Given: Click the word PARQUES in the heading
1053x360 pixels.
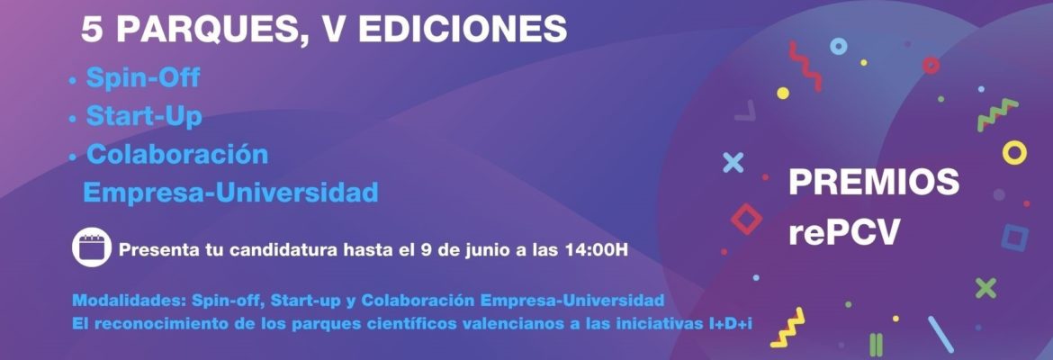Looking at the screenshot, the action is pos(206,31).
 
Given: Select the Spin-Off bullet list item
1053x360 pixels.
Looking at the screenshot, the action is pos(143,78).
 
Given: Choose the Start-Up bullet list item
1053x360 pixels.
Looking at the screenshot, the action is pos(144,116).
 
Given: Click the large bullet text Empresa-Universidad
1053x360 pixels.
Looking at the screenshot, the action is pos(230,193).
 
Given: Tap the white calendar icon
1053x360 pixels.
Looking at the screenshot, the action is pos(92,247).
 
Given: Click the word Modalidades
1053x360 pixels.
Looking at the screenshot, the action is pos(128,300).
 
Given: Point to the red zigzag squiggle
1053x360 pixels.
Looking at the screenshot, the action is pos(805,66).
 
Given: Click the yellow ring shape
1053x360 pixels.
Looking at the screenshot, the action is pos(1014,152).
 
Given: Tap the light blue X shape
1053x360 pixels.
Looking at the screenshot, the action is pos(733,163).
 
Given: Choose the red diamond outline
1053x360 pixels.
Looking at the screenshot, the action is pos(746,219).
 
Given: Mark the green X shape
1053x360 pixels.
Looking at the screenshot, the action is pos(985,288).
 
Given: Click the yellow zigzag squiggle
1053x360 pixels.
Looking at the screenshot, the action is pos(787,328).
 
